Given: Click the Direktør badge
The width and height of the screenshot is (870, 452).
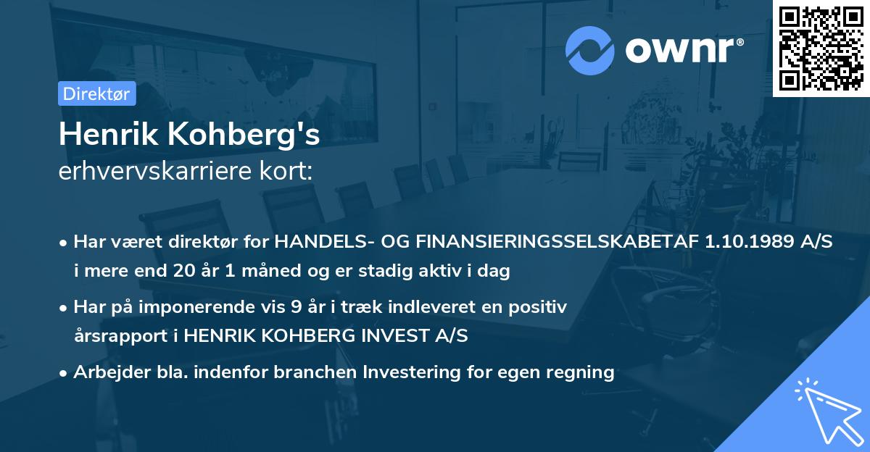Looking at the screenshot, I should point(96,93).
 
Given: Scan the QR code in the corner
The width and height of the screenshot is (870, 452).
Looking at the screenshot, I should point(821,48).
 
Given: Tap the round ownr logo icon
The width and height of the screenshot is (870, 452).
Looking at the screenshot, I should point(589,50).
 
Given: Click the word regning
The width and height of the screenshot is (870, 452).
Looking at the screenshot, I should point(581,372).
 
